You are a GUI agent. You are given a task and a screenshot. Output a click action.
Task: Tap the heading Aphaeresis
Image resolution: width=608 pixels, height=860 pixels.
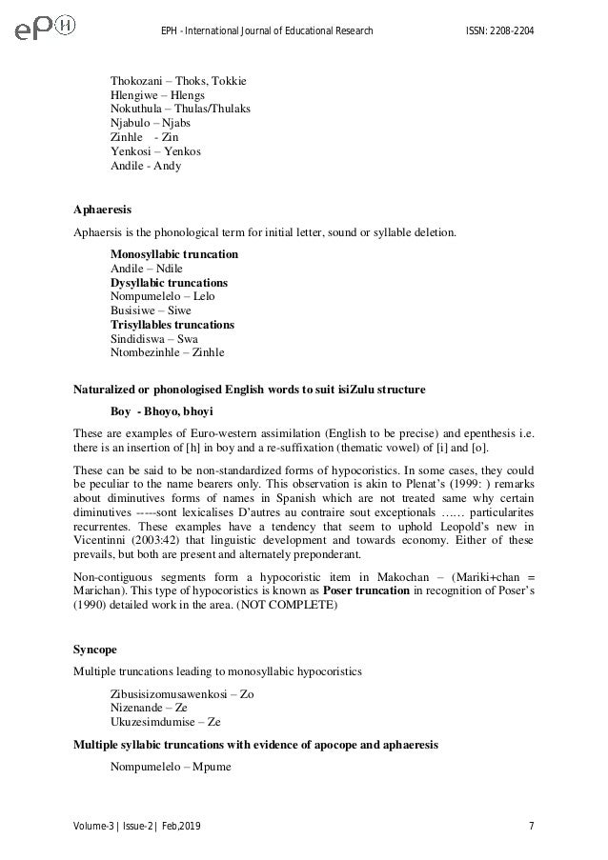pyautogui.click(x=104, y=209)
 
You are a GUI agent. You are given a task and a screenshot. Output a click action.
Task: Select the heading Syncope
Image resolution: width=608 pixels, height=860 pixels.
pyautogui.click(x=93, y=651)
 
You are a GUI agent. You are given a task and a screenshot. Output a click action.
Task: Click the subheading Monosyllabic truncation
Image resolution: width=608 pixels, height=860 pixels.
pyautogui.click(x=174, y=255)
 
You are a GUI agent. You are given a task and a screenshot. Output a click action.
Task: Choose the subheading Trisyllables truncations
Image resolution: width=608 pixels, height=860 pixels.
pyautogui.click(x=172, y=325)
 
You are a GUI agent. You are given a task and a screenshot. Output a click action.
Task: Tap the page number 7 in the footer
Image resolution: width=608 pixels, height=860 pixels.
pyautogui.click(x=530, y=824)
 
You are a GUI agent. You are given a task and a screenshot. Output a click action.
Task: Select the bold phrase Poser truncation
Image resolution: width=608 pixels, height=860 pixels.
pyautogui.click(x=368, y=590)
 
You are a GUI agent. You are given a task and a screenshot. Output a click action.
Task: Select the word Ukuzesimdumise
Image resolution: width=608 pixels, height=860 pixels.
pyautogui.click(x=152, y=722)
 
